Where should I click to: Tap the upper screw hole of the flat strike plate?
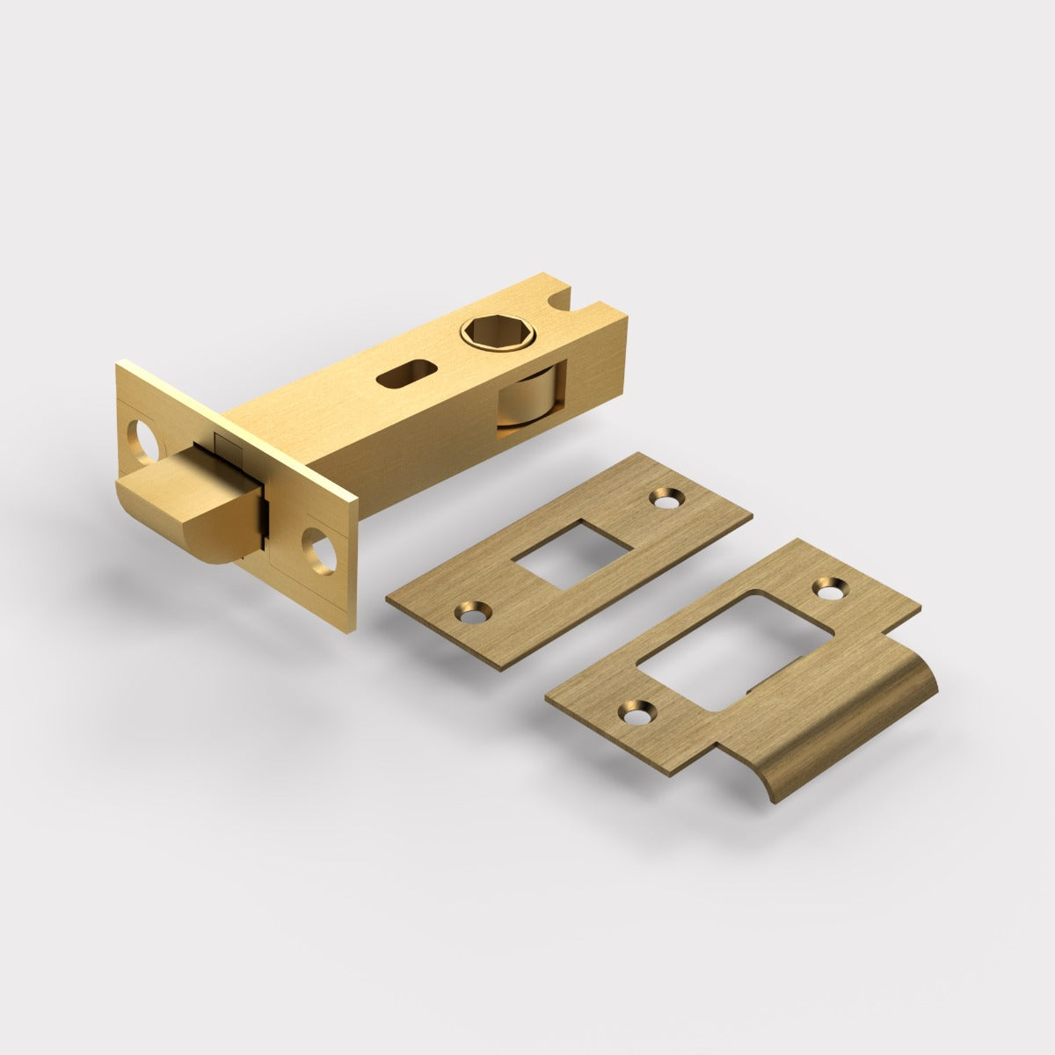tap(664, 498)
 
